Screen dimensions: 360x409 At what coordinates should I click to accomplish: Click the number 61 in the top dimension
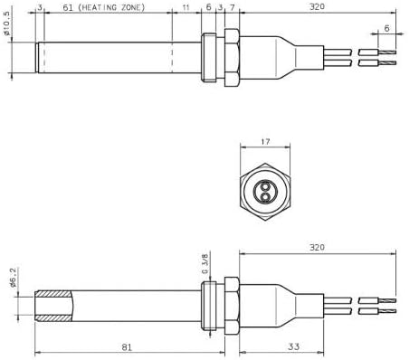[x=68, y=7]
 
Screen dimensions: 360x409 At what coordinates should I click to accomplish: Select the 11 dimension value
[x=185, y=7]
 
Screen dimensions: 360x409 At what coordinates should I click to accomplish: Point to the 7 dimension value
[x=233, y=7]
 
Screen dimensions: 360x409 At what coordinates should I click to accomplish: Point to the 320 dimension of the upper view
[x=316, y=7]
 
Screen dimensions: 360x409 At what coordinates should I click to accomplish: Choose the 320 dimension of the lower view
[x=316, y=246]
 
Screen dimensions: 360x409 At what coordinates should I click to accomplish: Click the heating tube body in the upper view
[x=104, y=56]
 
